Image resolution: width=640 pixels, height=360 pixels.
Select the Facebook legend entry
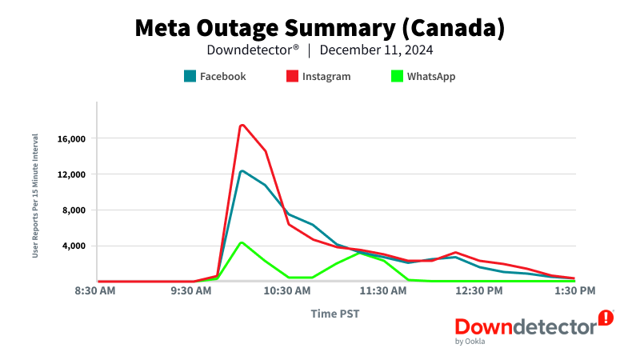(x=214, y=77)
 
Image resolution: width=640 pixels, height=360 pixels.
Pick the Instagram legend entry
(x=318, y=77)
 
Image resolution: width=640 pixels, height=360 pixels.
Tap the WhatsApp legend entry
(x=423, y=77)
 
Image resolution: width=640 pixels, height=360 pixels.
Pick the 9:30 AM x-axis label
(x=193, y=292)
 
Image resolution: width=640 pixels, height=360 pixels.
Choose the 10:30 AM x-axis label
(x=288, y=292)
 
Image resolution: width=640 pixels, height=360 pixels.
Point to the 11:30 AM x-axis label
(x=384, y=292)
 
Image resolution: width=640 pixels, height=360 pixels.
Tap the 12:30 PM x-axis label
(x=480, y=292)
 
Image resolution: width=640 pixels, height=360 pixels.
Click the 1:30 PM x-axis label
(x=574, y=292)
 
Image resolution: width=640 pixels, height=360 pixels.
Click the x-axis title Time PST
(x=335, y=314)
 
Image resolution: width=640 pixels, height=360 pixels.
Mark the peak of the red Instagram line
(x=241, y=125)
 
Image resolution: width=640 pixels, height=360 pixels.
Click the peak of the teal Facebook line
(x=241, y=170)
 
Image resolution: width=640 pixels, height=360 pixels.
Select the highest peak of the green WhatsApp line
(x=241, y=242)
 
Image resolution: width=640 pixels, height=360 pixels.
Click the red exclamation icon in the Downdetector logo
(x=606, y=318)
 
